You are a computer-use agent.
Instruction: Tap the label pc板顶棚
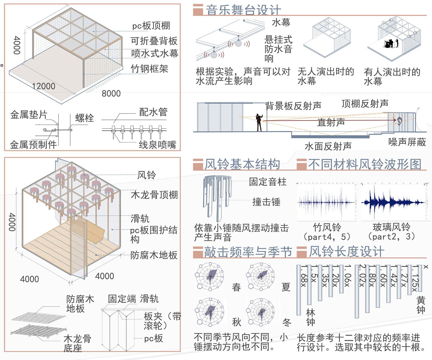pyautogui.click(x=151, y=26)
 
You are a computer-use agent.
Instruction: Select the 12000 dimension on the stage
pyautogui.click(x=43, y=86)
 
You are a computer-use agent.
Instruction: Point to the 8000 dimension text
pyautogui.click(x=111, y=93)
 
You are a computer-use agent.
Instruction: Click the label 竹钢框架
pyautogui.click(x=149, y=69)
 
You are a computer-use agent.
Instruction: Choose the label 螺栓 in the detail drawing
pyautogui.click(x=84, y=118)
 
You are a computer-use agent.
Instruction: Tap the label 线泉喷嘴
pyautogui.click(x=157, y=145)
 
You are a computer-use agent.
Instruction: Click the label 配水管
pyautogui.click(x=153, y=112)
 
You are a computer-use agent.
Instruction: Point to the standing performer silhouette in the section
pyautogui.click(x=259, y=122)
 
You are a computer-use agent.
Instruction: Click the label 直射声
pyautogui.click(x=331, y=122)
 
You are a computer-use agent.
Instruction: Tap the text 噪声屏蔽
pyautogui.click(x=407, y=142)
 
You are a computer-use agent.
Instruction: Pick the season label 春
pyautogui.click(x=236, y=287)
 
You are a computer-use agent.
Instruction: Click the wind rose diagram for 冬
pyautogui.click(x=261, y=312)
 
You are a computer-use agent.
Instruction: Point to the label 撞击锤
pyautogui.click(x=266, y=202)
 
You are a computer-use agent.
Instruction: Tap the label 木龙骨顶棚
pyautogui.click(x=154, y=195)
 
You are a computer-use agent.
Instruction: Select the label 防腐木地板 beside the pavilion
pyautogui.click(x=154, y=255)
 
